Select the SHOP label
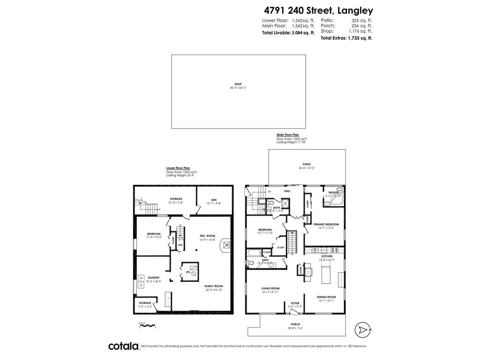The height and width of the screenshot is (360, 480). pyautogui.click(x=238, y=84)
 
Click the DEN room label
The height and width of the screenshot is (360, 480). pyautogui.click(x=214, y=199)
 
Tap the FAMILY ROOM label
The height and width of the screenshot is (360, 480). pyautogui.click(x=213, y=286)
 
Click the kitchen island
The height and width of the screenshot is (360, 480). pyautogui.click(x=325, y=274)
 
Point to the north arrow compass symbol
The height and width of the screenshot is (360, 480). pyautogui.click(x=362, y=330)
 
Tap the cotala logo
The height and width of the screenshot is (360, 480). pyautogui.click(x=123, y=346)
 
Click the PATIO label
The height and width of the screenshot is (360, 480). pyautogui.click(x=307, y=164)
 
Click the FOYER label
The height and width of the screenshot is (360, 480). pyautogui.click(x=295, y=303)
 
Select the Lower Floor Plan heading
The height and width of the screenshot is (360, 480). pyautogui.click(x=178, y=168)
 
